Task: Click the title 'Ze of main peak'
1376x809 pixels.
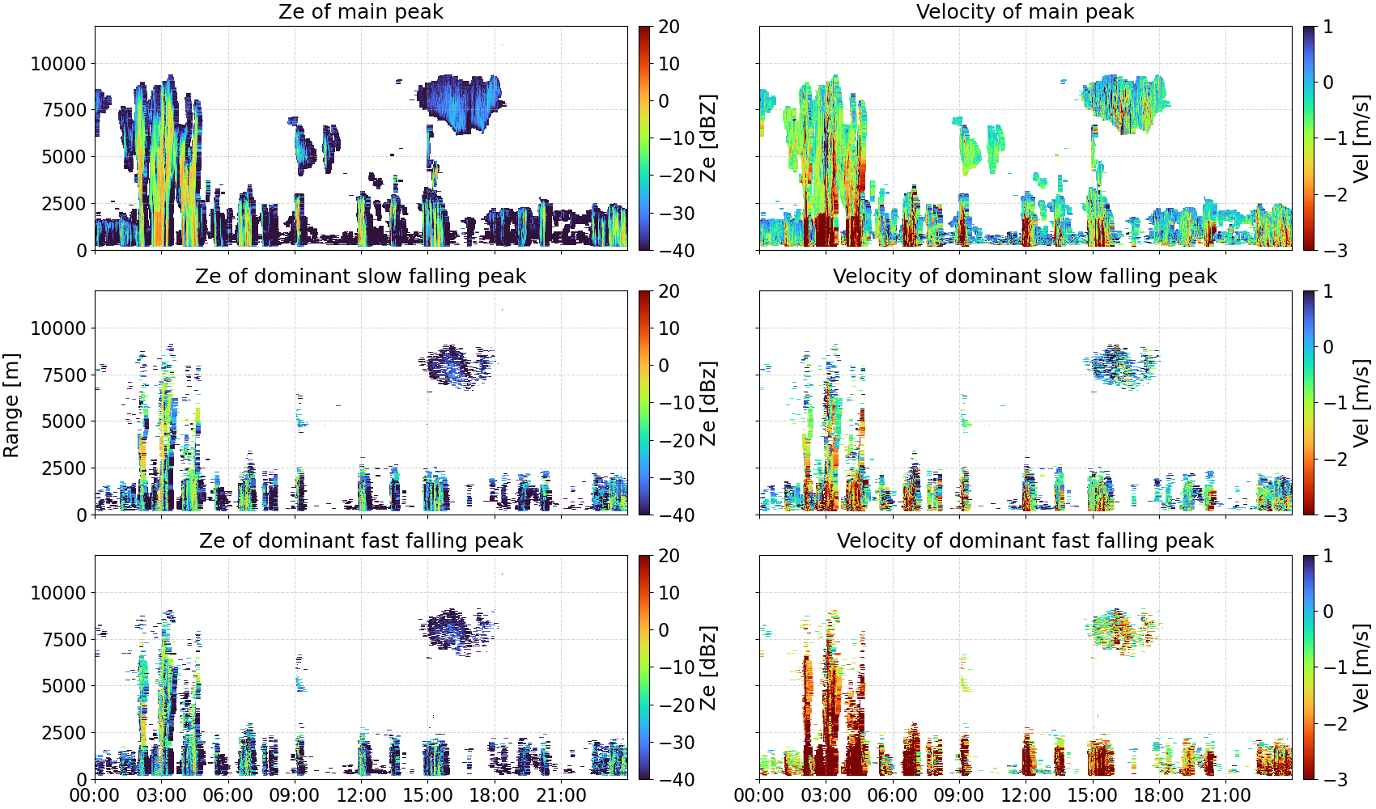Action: click(360, 11)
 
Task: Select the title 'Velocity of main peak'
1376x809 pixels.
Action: click(1026, 11)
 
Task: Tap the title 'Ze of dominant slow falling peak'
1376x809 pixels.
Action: click(360, 276)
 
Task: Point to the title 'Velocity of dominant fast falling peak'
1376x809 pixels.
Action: click(1026, 540)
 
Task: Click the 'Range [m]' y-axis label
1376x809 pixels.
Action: click(11, 405)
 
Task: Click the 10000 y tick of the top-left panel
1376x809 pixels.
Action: click(58, 64)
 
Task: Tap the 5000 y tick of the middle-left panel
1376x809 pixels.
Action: click(64, 421)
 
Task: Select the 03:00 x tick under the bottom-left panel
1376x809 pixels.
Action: click(162, 795)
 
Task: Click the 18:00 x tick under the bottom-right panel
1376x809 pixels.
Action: click(1159, 795)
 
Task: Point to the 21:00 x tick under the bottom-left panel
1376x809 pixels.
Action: click(561, 795)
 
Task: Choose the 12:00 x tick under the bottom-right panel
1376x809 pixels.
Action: click(1026, 795)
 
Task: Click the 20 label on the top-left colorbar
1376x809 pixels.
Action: click(669, 27)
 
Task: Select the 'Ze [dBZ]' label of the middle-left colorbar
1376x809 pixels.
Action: click(708, 403)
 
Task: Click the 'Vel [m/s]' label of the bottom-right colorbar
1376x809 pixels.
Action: click(1362, 667)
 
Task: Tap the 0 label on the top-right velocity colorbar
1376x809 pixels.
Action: click(1328, 83)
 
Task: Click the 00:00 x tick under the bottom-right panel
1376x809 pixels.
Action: click(759, 795)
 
